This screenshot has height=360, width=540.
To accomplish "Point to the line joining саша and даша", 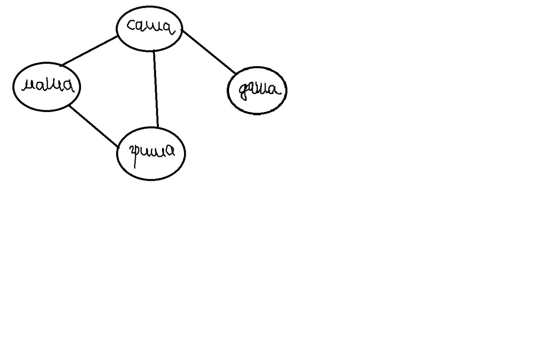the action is pos(209,52).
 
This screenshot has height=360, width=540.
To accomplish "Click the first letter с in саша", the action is pos(131,26).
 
